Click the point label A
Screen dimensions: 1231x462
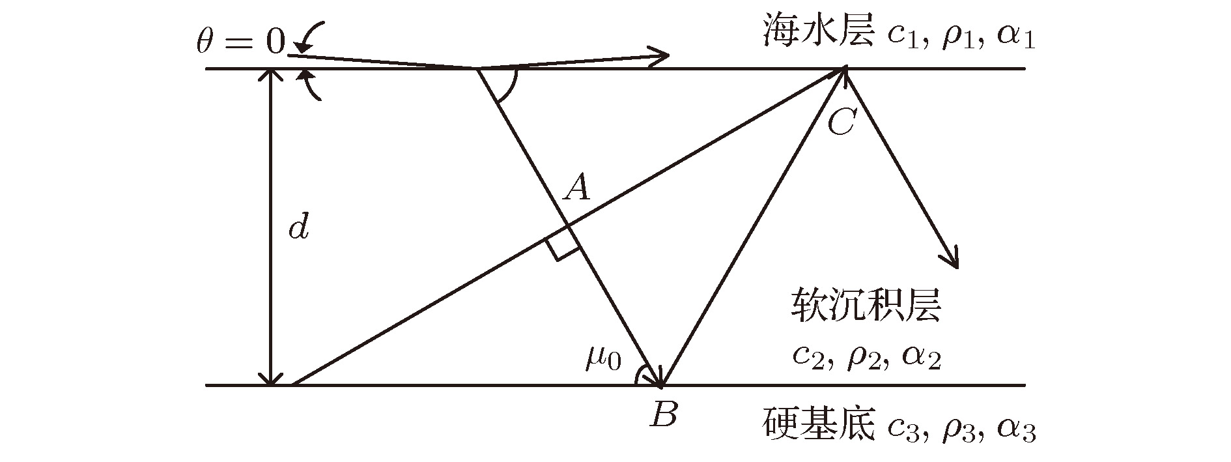(x=577, y=188)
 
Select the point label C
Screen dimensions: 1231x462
(x=841, y=122)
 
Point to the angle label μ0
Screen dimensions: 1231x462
(x=603, y=358)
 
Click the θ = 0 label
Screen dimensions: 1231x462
(x=241, y=43)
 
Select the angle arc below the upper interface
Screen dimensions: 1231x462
(x=511, y=88)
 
